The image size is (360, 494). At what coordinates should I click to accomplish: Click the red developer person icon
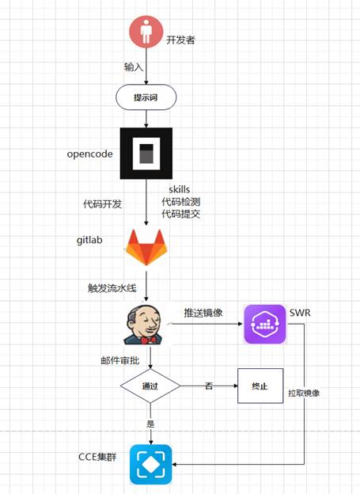146,32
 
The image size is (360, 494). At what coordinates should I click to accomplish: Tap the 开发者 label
180,40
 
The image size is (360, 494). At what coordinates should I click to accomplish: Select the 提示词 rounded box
146,97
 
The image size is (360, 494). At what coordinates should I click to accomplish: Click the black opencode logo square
146,154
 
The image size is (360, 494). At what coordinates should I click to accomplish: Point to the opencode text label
89,154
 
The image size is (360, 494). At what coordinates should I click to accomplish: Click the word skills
180,189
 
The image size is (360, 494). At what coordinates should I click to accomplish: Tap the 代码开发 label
102,203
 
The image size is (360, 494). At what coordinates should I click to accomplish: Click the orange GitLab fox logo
146,247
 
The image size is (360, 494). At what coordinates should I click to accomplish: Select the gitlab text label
89,240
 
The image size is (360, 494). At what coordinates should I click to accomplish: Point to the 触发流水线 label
112,288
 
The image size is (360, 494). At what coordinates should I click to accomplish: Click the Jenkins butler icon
144,325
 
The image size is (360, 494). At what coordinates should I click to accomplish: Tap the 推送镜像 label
203,313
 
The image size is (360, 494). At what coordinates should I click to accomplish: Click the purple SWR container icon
265,324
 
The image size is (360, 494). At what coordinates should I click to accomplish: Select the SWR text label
300,313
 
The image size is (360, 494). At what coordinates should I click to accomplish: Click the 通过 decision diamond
150,386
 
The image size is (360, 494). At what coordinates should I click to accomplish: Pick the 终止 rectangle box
260,386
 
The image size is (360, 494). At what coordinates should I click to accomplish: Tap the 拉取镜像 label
304,393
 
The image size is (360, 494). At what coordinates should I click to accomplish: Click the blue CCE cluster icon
151,465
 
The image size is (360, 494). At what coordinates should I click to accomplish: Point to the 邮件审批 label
120,360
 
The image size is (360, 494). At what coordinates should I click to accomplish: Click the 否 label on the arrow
209,386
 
